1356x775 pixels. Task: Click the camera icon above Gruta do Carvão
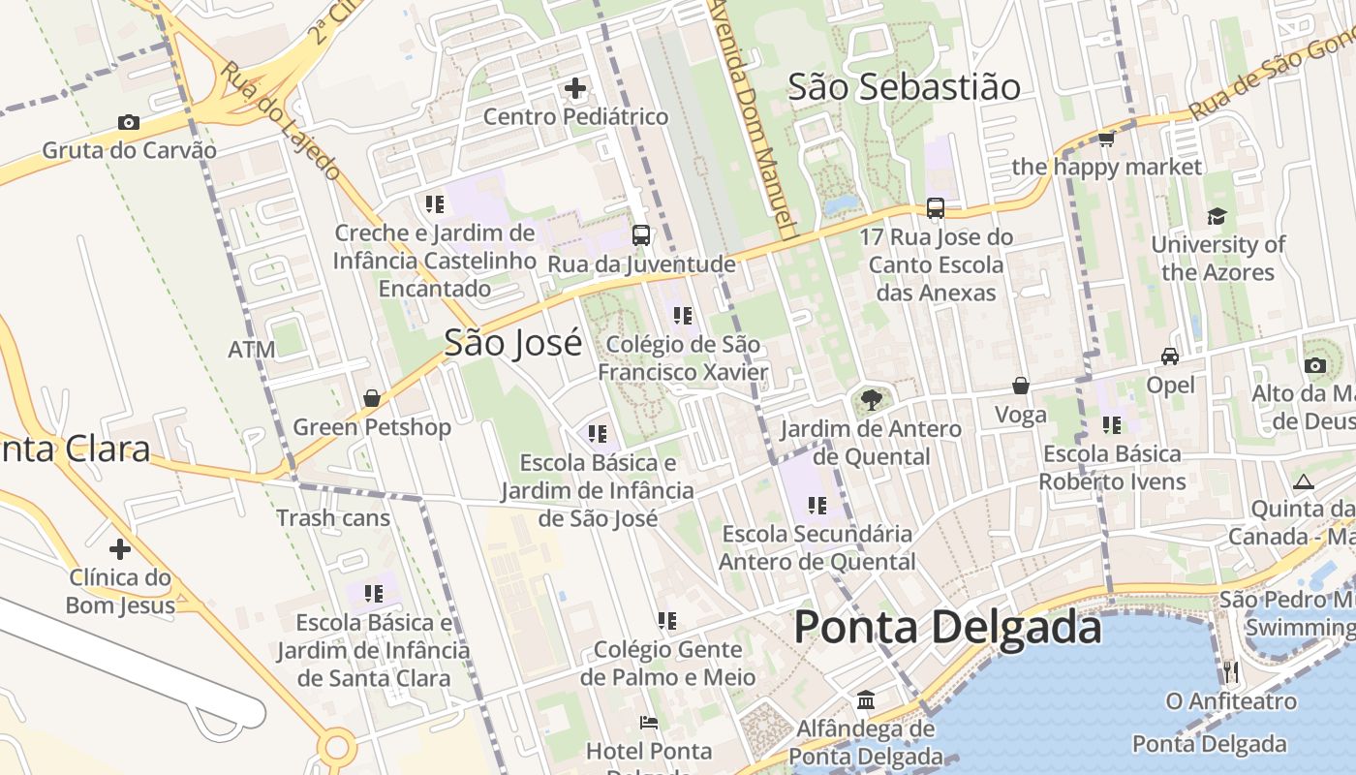coord(128,122)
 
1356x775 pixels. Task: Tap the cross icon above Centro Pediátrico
coord(575,88)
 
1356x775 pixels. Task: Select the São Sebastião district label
coord(904,87)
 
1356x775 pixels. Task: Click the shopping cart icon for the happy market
coord(1106,139)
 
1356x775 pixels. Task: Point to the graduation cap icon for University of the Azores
coord(1217,216)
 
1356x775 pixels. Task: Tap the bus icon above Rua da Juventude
coord(640,234)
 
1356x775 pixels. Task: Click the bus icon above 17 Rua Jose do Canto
coord(936,207)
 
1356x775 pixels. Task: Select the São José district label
coord(513,343)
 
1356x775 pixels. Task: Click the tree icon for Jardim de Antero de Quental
coord(871,398)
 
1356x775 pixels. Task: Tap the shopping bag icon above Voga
coord(1020,386)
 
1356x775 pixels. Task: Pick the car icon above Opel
coord(1170,356)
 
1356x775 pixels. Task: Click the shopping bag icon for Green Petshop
coord(371,398)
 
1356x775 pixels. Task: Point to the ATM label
coord(252,350)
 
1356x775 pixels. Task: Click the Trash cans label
coord(333,517)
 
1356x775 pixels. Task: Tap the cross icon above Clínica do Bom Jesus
coord(119,549)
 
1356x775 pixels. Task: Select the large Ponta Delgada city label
coord(947,628)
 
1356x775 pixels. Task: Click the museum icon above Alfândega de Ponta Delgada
coord(865,699)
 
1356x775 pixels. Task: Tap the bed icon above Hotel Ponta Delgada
coord(649,722)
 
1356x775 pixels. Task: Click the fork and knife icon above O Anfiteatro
coord(1230,670)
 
